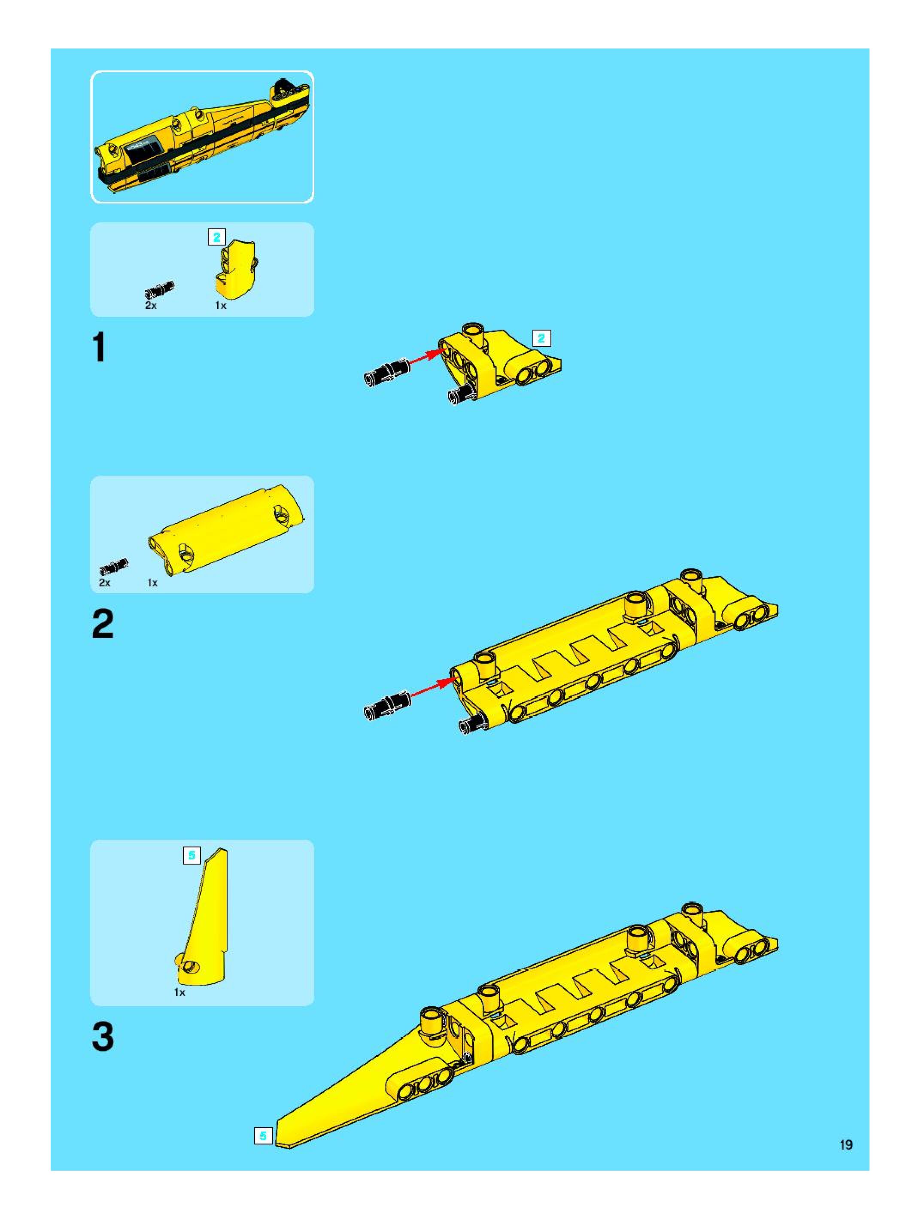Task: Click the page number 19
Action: coord(846,1145)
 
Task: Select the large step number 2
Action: coord(103,624)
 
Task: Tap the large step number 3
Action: coord(103,1037)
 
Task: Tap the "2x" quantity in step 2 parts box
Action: coord(104,583)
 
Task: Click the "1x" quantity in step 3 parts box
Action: coord(180,992)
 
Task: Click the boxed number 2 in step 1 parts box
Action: coord(216,237)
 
